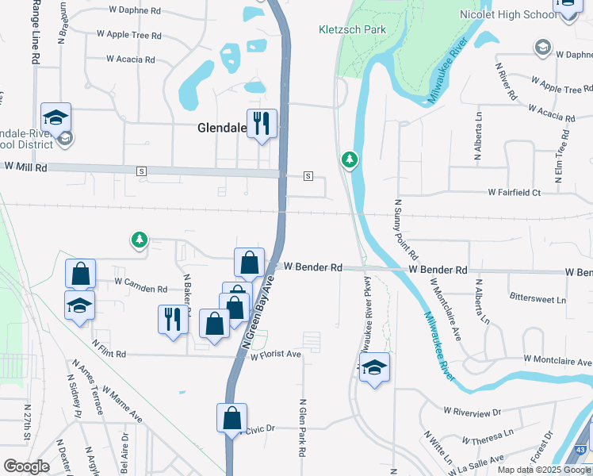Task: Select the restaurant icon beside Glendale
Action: pos(262,124)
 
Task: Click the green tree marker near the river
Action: pos(349,161)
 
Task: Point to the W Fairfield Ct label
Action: pos(514,193)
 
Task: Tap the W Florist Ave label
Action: pos(276,355)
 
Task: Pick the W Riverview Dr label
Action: pos(473,412)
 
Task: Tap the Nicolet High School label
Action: pos(508,15)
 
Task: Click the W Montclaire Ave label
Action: pos(554,360)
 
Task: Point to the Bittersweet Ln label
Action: pos(538,300)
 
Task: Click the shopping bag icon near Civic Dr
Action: pos(231,417)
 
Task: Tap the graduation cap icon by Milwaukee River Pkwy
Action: pos(375,368)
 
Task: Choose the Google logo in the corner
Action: pos(26,466)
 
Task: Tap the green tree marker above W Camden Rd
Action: pos(140,240)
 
